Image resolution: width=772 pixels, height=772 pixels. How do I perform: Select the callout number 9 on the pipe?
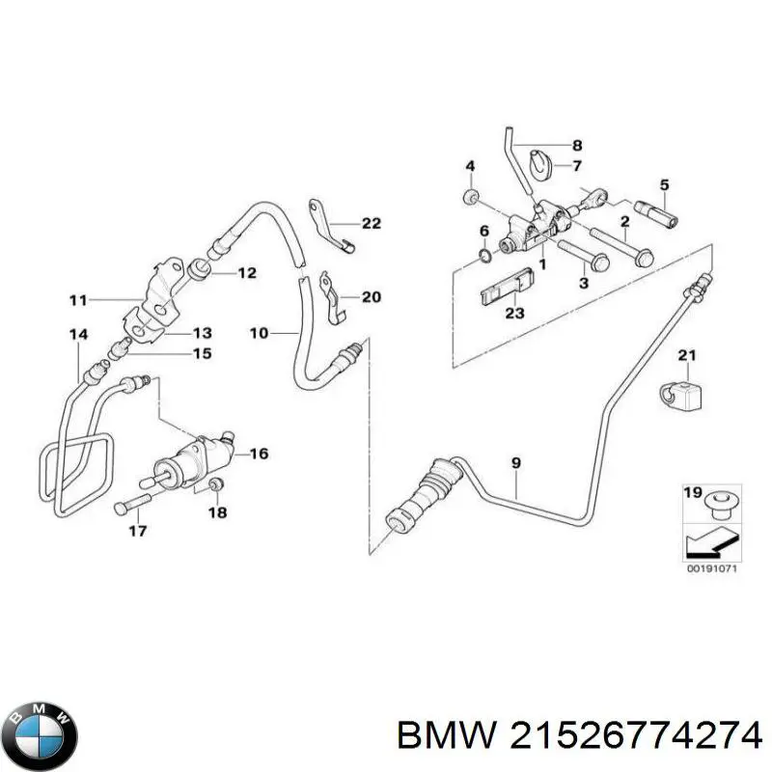(516, 463)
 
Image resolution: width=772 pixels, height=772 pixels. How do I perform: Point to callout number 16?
(259, 454)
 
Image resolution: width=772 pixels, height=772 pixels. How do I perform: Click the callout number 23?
(514, 313)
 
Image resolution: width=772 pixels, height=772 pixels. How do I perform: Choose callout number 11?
(78, 300)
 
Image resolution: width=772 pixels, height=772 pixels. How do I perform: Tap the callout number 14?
(78, 335)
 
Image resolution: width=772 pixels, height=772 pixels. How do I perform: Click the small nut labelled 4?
(471, 198)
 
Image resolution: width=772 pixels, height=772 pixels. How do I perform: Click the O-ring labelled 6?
(484, 257)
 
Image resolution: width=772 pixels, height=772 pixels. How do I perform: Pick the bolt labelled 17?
(130, 504)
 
